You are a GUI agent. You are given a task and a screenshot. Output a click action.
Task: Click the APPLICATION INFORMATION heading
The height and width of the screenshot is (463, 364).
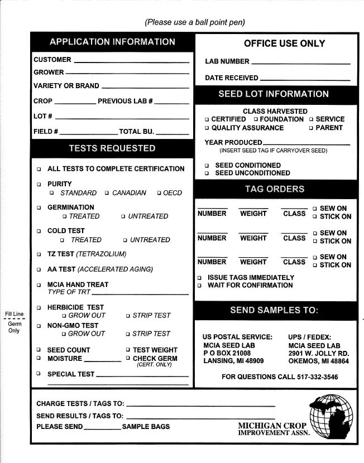[x=112, y=42]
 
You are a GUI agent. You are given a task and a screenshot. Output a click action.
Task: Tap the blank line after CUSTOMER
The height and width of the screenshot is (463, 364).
[x=131, y=61]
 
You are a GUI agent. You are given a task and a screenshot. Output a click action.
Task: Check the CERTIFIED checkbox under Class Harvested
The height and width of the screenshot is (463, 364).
[x=207, y=119]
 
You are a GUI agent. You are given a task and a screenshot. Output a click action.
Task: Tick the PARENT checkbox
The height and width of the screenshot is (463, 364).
[x=311, y=128]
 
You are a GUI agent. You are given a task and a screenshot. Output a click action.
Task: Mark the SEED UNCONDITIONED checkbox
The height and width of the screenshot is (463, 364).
[x=207, y=173]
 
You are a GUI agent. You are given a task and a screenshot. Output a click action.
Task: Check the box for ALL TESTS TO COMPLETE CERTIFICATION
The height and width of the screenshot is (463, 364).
[x=39, y=169]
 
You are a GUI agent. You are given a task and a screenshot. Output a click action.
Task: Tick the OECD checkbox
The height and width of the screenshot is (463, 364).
[x=159, y=194]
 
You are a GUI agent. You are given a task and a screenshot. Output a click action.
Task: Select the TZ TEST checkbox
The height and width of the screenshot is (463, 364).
[x=39, y=254]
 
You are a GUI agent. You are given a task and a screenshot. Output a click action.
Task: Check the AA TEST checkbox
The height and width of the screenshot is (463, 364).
[x=39, y=269]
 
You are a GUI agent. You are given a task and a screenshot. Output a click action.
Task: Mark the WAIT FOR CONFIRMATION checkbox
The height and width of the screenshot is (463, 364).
[x=200, y=286]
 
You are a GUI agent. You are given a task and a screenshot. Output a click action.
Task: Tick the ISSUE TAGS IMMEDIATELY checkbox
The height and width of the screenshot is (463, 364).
[x=200, y=278]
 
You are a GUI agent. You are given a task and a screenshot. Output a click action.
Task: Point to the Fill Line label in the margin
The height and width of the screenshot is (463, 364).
[x=14, y=314]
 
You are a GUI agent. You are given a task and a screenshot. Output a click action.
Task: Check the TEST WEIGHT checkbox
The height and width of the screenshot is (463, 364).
[x=128, y=350]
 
